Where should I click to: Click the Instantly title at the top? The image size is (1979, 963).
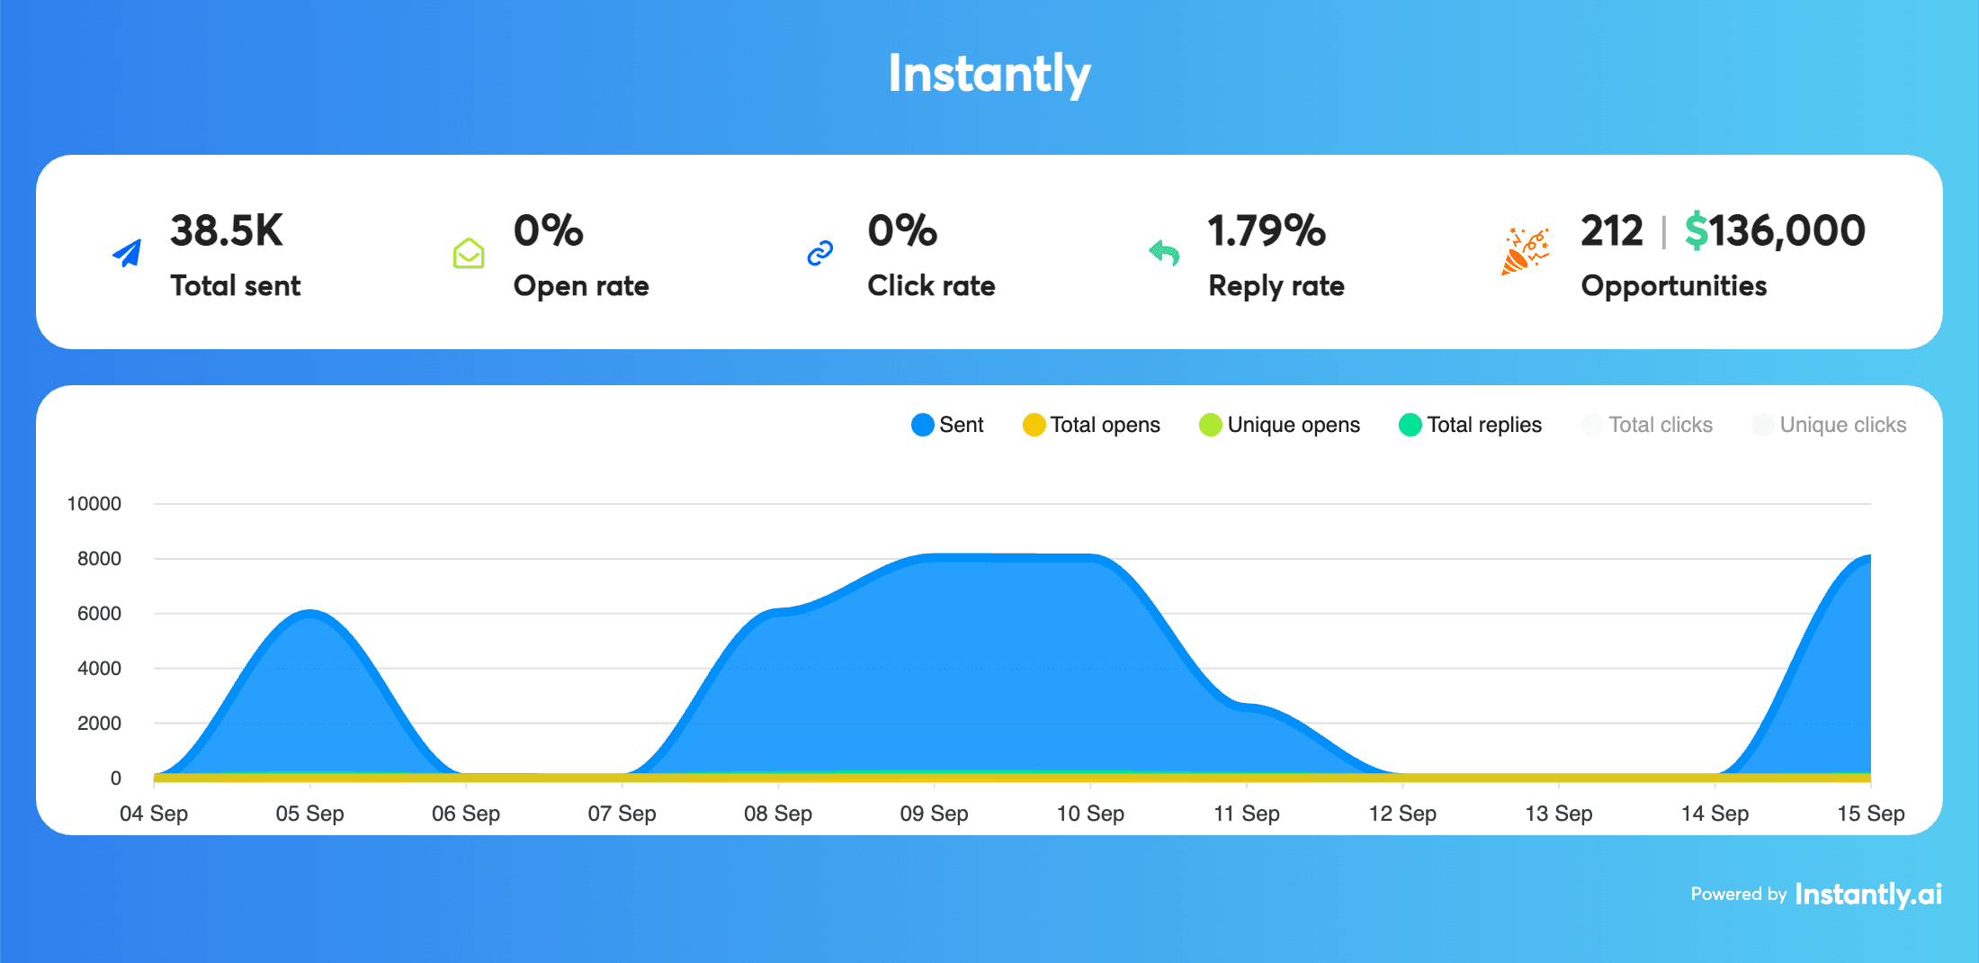coord(989,74)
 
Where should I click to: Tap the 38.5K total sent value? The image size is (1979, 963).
coord(227,231)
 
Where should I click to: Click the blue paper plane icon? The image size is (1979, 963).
coord(128,254)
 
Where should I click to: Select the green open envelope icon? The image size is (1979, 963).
coord(469,254)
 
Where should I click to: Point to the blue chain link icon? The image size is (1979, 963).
coord(820,254)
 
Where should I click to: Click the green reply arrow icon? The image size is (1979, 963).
coord(1165,254)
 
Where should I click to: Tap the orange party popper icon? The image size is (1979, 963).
coord(1525,252)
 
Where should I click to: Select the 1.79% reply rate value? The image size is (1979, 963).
coord(1267,231)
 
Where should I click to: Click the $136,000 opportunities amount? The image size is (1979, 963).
coord(1775,231)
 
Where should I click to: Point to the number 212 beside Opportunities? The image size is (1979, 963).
coord(1611,231)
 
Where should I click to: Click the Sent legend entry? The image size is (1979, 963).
coord(948,425)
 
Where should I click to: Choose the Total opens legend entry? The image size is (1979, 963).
coord(1092,425)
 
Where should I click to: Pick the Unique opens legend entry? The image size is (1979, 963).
coord(1280,425)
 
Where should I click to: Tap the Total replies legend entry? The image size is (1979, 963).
coord(1471,425)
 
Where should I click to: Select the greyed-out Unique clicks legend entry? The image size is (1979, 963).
coord(1830,425)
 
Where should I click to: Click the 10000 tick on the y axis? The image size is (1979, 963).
coord(94,504)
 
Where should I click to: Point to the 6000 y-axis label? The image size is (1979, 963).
coord(99,614)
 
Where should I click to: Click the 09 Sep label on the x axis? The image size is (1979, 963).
coord(934,814)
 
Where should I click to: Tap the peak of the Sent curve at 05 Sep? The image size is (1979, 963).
coord(309,614)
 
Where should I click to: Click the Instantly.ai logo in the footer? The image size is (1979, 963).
coord(1868,894)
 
